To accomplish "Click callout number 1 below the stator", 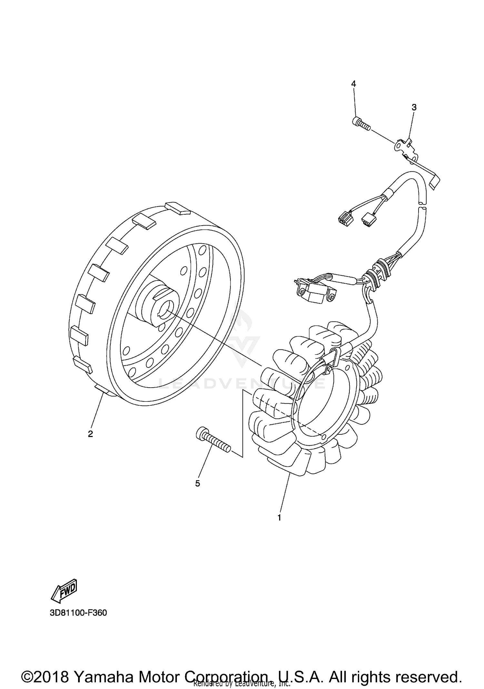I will point(279,518).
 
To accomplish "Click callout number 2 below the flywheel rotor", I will point(90,434).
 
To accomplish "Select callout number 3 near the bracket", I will point(414,107).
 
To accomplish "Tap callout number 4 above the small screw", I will point(354,84).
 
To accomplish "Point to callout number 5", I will point(197,483).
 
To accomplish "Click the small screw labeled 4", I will point(360,124).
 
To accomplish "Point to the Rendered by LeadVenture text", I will point(242,684).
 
